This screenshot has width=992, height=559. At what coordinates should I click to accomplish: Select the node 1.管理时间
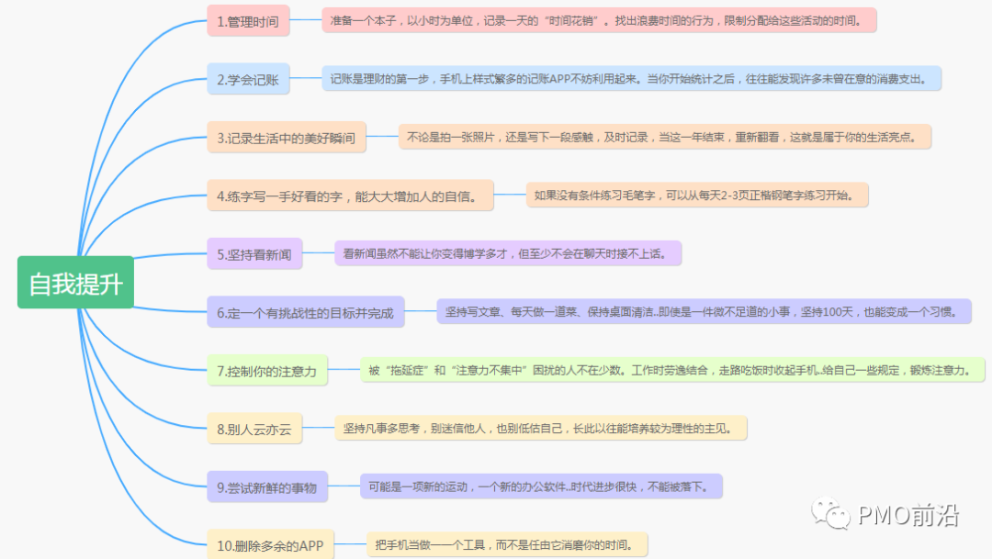tap(248, 20)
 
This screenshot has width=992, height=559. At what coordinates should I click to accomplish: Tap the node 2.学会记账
tap(248, 80)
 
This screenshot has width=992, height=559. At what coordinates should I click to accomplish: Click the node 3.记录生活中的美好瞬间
tap(286, 139)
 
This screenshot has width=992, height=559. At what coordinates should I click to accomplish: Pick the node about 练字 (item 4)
tap(350, 196)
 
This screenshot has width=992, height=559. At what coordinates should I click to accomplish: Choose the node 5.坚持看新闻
tap(254, 254)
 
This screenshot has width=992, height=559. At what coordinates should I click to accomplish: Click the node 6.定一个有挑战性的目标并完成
tap(305, 313)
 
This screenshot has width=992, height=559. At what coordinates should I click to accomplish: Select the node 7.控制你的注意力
tap(266, 371)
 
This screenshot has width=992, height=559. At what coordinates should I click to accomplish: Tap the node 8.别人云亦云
tap(254, 429)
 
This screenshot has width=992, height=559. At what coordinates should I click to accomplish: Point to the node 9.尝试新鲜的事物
tap(266, 487)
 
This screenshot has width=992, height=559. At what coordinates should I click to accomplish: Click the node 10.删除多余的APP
tap(270, 545)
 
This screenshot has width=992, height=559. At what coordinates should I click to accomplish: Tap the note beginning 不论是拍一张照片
tap(665, 138)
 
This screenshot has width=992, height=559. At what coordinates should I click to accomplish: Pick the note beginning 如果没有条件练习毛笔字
tap(697, 195)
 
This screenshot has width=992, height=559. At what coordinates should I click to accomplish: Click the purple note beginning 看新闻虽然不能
tap(508, 253)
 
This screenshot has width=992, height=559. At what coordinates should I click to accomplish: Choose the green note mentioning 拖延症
tap(671, 370)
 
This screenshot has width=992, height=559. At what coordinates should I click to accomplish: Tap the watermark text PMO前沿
tap(908, 516)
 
